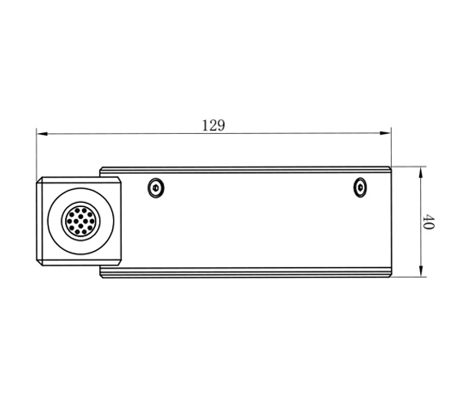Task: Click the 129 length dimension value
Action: [213, 125]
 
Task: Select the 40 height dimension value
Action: [429, 222]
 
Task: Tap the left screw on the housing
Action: [155, 188]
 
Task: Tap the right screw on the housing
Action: [361, 188]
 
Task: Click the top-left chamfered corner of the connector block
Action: [39, 179]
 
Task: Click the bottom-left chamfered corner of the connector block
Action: [39, 265]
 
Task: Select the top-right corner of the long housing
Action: [391, 168]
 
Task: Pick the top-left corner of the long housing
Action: [100, 168]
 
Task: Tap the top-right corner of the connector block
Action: [121, 178]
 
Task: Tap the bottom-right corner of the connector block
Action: [121, 266]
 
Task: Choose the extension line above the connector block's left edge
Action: [37, 154]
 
